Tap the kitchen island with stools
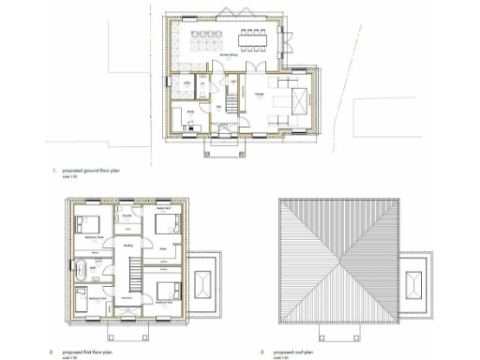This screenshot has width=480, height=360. click(206, 42)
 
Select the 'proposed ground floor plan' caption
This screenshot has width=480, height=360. click(92, 172)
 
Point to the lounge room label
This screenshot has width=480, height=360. click(259, 94)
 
